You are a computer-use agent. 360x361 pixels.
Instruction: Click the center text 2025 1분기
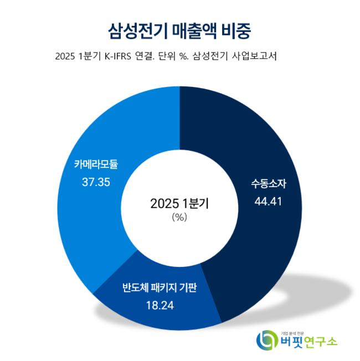click(x=179, y=203)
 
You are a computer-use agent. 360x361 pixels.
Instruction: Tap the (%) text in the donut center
click(x=179, y=217)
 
